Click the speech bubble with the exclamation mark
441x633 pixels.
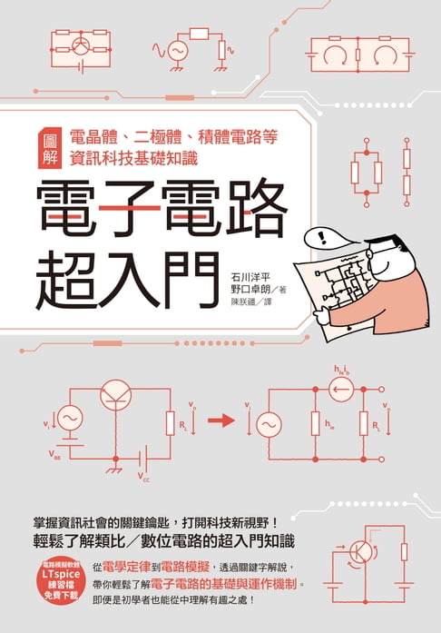pos(322,239)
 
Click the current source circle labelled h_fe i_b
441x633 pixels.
pos(340,391)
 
